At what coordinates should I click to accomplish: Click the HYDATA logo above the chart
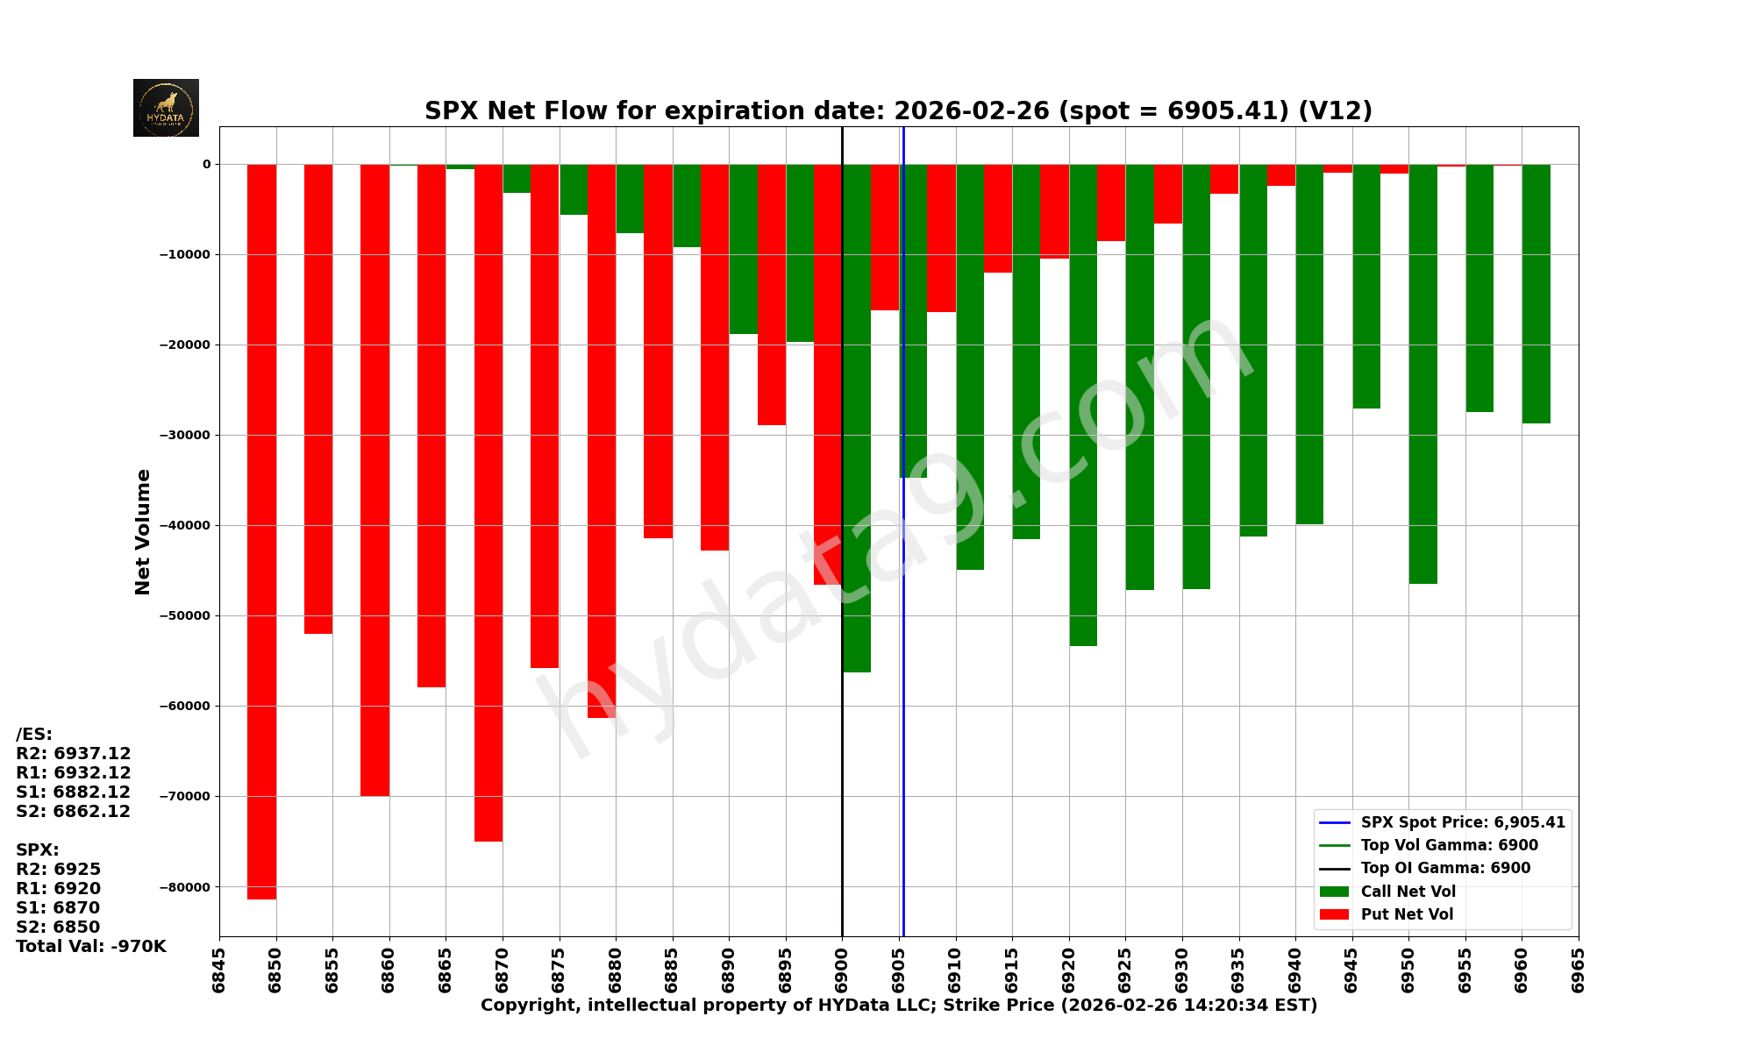(x=166, y=108)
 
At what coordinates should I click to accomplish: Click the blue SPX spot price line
(x=903, y=701)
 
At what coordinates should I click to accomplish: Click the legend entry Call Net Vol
(x=1408, y=892)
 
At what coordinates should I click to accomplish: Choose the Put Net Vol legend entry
(x=1407, y=914)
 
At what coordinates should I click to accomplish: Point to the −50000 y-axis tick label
(x=184, y=615)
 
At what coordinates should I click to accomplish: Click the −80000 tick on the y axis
(x=184, y=886)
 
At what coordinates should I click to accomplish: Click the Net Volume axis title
(x=143, y=531)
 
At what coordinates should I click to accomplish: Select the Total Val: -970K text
(x=90, y=946)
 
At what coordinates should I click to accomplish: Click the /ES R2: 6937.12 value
(x=74, y=753)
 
